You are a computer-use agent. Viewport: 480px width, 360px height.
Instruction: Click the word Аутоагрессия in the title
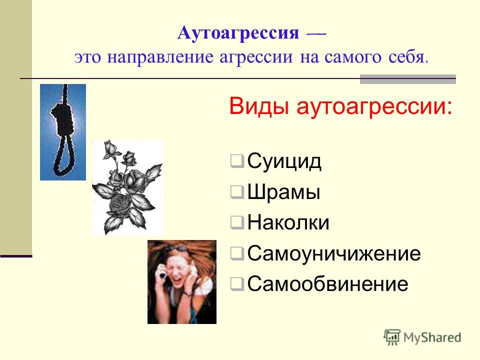(238, 33)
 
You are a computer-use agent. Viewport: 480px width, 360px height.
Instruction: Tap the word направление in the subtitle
(160, 57)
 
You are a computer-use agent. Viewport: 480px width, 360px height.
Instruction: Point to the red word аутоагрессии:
(374, 106)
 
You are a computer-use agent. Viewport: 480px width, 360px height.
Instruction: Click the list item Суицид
(284, 160)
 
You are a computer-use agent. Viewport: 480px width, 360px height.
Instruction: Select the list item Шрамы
(283, 192)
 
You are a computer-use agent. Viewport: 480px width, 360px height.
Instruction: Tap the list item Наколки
(288, 222)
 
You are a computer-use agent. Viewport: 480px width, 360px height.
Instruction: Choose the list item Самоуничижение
(333, 253)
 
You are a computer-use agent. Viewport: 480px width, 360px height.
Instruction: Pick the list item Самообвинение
(327, 284)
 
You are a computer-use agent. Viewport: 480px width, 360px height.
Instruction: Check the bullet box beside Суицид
(237, 161)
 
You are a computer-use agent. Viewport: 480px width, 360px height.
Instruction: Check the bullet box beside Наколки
(237, 222)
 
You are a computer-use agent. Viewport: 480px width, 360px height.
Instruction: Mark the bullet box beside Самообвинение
(237, 284)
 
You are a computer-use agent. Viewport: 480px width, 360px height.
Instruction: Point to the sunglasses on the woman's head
(176, 248)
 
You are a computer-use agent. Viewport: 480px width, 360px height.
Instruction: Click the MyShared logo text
(432, 337)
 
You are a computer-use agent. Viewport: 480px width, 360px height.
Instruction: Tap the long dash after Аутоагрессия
(316, 34)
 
